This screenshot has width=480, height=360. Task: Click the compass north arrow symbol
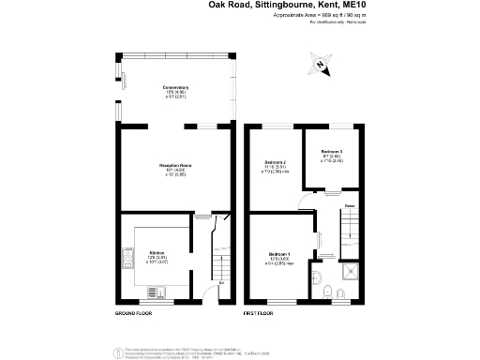(x=321, y=65)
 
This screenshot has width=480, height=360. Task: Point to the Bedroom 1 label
(x=280, y=255)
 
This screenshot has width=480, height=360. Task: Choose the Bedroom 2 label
(x=275, y=163)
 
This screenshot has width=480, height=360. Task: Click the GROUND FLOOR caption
(x=134, y=312)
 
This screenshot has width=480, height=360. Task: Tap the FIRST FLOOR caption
(x=260, y=312)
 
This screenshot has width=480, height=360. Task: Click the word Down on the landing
(x=348, y=205)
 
